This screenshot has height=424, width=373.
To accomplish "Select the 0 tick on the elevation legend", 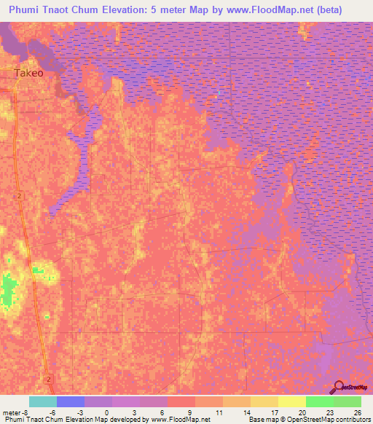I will click(107, 412).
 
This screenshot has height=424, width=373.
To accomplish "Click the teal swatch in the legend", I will click(43, 401).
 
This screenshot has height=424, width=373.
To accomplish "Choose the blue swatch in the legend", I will click(71, 401).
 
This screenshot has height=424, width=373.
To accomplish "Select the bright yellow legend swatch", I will click(292, 401).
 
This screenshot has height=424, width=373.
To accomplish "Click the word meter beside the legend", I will click(13, 412).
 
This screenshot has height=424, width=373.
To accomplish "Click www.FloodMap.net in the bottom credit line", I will click(181, 420).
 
